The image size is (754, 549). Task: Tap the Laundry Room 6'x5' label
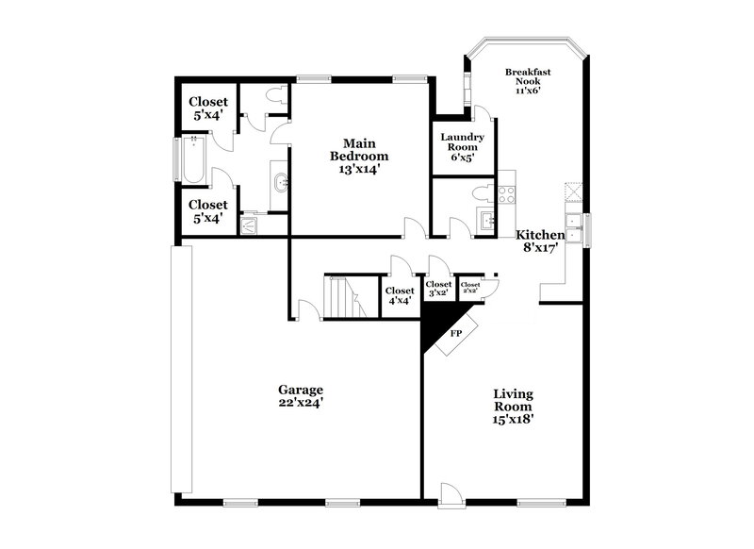tap(462, 147)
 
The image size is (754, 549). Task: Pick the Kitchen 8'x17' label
tap(540, 241)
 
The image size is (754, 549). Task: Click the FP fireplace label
tap(456, 333)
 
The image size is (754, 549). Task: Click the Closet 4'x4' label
tap(401, 296)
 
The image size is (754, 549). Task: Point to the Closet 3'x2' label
tap(439, 289)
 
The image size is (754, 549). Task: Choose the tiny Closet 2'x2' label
tap(469, 288)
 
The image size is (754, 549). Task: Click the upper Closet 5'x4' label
tap(207, 108)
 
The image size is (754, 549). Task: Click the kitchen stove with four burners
tap(506, 194)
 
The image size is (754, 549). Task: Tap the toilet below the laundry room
tap(479, 193)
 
